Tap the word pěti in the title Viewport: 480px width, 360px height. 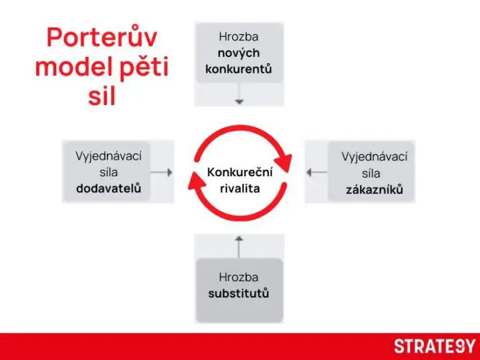(x=143, y=67)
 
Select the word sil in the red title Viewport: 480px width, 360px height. (x=102, y=96)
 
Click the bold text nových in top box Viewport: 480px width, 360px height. (x=239, y=53)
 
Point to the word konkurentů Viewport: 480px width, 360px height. (x=239, y=69)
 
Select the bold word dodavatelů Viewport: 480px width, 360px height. (x=108, y=188)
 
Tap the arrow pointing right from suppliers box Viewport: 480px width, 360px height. (x=162, y=172)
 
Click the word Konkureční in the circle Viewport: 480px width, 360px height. (x=239, y=172)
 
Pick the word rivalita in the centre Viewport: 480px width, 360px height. (x=239, y=188)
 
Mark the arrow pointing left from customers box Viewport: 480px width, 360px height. (x=317, y=172)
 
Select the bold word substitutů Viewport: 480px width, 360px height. (x=239, y=293)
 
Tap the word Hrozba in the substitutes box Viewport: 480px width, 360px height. (x=239, y=277)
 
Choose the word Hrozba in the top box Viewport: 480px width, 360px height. (x=239, y=36)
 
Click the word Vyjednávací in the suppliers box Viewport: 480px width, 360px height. (x=108, y=156)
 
